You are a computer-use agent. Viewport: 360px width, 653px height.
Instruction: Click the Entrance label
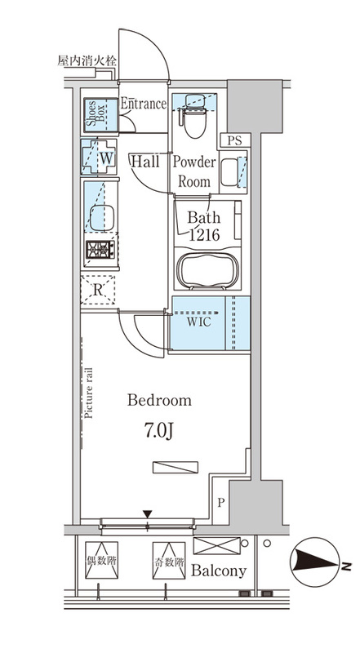(x=144, y=104)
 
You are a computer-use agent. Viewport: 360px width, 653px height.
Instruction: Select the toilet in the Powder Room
(x=194, y=116)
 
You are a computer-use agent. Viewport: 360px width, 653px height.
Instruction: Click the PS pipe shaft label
(x=234, y=140)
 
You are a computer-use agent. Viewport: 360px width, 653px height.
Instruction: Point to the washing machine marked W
(x=99, y=158)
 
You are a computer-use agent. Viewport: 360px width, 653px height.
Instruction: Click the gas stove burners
(x=100, y=250)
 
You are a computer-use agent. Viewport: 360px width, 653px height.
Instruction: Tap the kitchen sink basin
(x=102, y=218)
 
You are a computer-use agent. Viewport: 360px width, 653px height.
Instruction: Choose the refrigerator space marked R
(x=97, y=290)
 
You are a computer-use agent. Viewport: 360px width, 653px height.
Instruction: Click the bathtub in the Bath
(x=207, y=270)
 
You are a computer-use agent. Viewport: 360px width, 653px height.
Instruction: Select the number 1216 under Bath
(x=204, y=235)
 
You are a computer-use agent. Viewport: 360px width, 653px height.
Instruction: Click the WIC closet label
(x=198, y=322)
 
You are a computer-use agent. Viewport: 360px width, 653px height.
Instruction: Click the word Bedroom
(x=159, y=400)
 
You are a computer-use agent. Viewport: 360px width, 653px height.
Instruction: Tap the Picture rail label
(x=88, y=393)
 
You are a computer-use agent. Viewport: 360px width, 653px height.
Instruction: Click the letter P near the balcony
(x=220, y=503)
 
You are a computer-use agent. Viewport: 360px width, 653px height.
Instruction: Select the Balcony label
(x=219, y=571)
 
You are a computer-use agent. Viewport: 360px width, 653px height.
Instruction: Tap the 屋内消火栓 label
(x=87, y=60)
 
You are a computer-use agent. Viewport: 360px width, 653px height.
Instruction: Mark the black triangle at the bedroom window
(x=148, y=514)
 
